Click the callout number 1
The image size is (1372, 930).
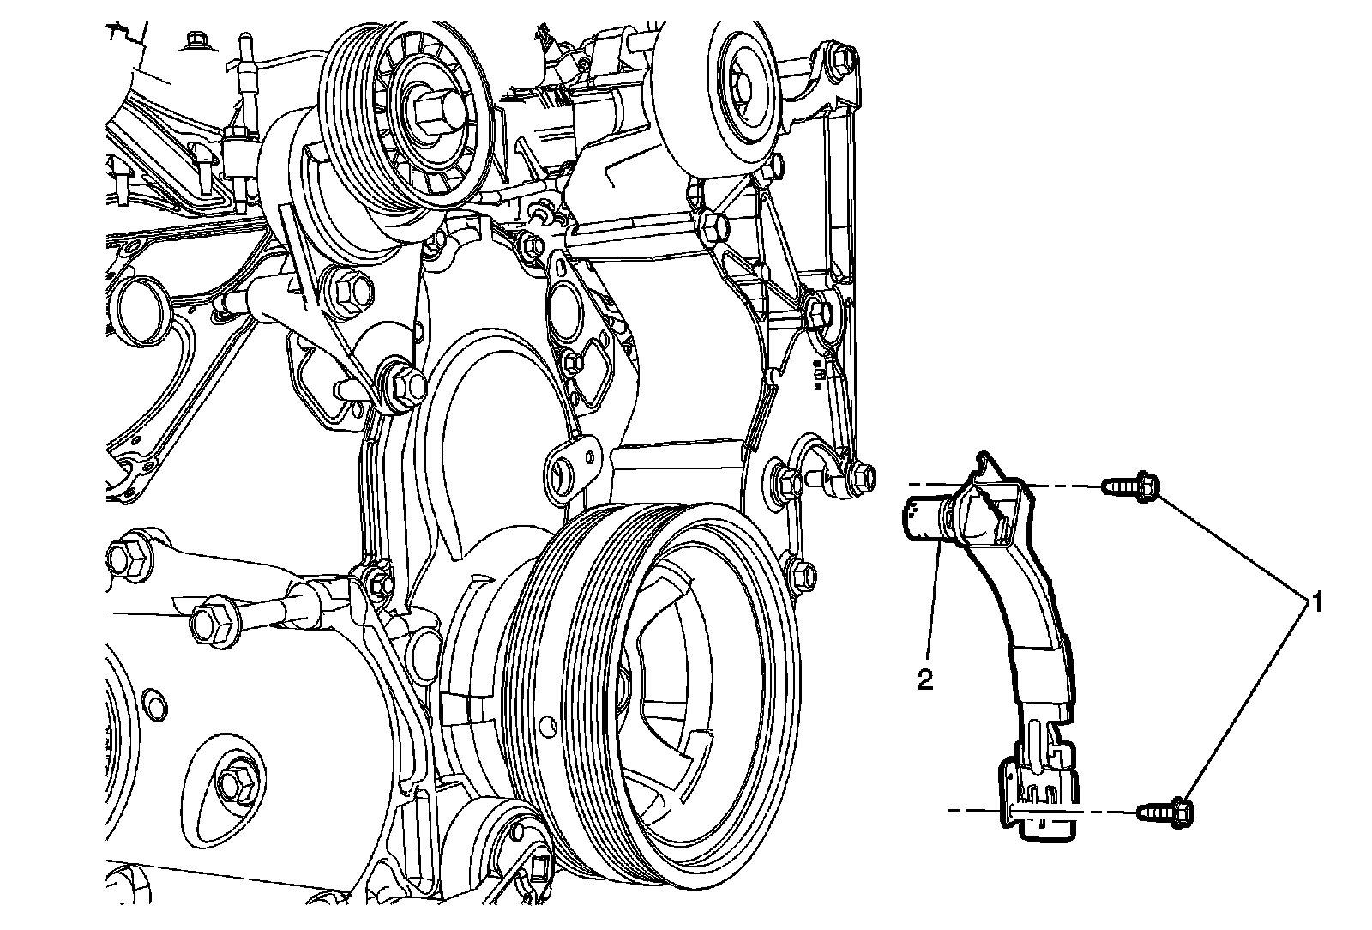pos(1313,601)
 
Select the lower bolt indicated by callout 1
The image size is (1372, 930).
pos(1166,808)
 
